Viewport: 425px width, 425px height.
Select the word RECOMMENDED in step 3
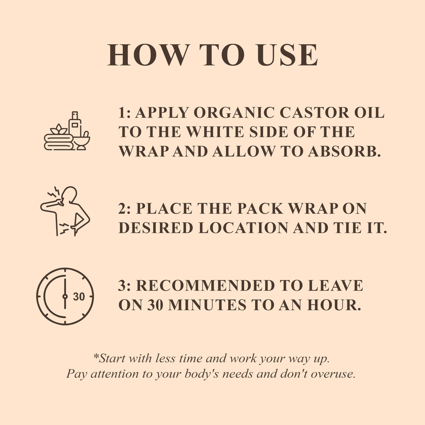[x=204, y=286]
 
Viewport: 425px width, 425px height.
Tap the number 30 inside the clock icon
[x=79, y=297]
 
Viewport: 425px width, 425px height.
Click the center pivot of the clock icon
[x=65, y=297]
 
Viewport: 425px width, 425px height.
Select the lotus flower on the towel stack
[x=58, y=130]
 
